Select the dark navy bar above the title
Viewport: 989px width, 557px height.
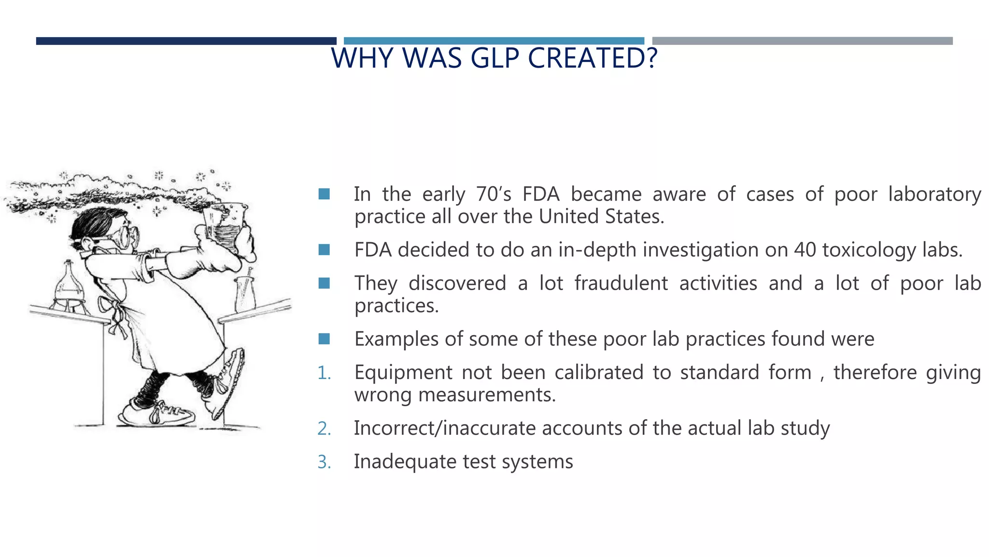pos(186,41)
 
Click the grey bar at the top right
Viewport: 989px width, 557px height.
pos(802,41)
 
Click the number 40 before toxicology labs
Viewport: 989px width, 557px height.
pos(805,250)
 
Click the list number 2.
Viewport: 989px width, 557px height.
pos(324,429)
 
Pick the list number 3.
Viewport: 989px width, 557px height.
pos(324,462)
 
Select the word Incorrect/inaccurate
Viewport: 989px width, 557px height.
pos(444,428)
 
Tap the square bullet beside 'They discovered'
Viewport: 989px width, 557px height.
pos(324,283)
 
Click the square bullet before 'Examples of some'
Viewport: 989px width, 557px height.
pos(324,339)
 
